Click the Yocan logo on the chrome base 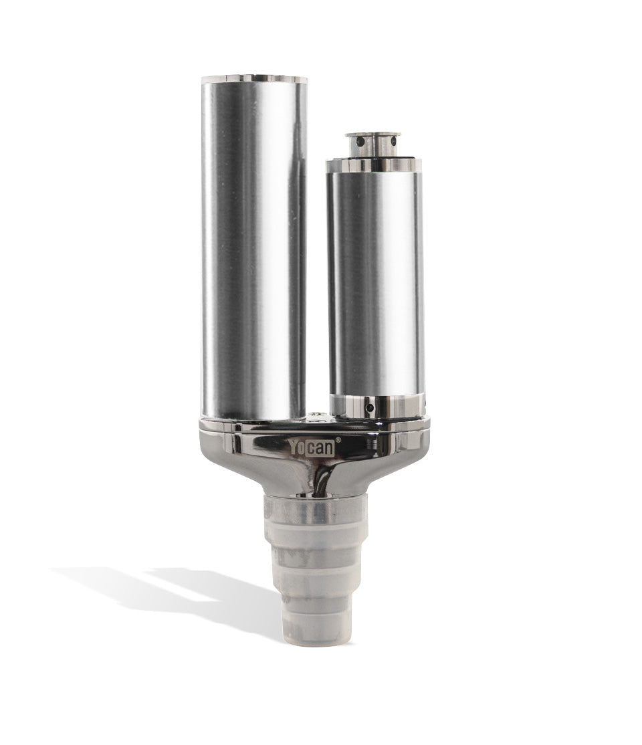point(312,447)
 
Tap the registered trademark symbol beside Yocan point(338,440)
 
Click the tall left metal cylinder point(254,247)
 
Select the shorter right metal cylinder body point(375,281)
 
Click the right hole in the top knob point(394,141)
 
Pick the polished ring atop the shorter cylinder point(373,165)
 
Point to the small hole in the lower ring point(366,407)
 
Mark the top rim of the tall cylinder point(254,80)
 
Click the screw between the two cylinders point(316,417)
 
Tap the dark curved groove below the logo point(322,478)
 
